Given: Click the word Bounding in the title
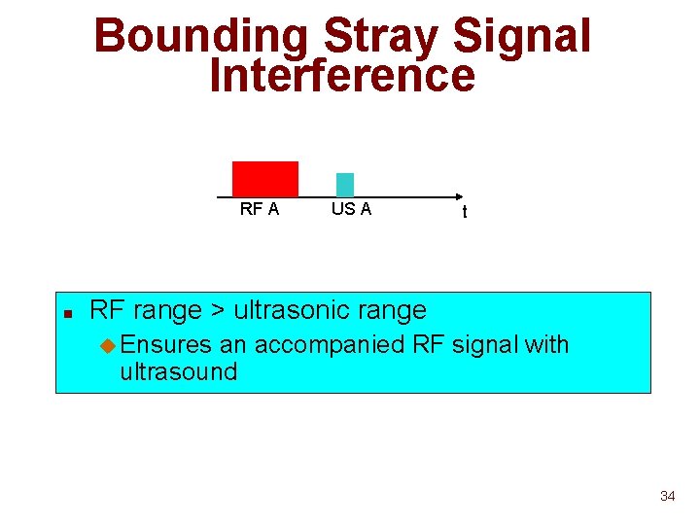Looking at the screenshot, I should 200,37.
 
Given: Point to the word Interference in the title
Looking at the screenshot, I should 342,76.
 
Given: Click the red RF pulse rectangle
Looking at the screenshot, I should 264,179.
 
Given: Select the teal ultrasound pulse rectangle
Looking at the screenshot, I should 345,184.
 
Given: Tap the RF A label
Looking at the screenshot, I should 260,209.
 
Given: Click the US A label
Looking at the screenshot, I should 351,209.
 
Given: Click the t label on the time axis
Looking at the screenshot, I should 465,212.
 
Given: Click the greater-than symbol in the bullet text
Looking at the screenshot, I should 219,311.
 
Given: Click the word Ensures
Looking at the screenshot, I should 166,344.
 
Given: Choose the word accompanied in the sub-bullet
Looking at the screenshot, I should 332,344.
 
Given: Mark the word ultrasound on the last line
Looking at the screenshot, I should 178,371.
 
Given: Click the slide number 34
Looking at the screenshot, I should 667,497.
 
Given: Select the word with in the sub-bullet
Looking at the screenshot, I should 546,344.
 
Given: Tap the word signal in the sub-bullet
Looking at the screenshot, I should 487,344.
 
